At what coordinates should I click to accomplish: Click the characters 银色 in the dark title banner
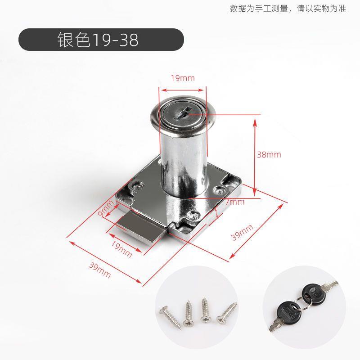(74, 40)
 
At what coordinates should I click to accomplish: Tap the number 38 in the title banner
(129, 40)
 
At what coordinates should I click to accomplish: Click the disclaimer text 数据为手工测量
(259, 9)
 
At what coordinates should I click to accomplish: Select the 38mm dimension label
(269, 154)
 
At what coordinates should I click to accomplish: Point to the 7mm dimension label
(235, 202)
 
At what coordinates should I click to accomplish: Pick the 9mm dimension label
(105, 208)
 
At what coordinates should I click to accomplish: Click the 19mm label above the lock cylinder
(183, 78)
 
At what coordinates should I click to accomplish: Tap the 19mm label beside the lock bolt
(121, 249)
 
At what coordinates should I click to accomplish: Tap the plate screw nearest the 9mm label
(137, 185)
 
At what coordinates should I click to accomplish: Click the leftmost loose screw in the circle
(171, 318)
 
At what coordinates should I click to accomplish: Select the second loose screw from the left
(189, 313)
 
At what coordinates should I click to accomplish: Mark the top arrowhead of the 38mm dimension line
(255, 121)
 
